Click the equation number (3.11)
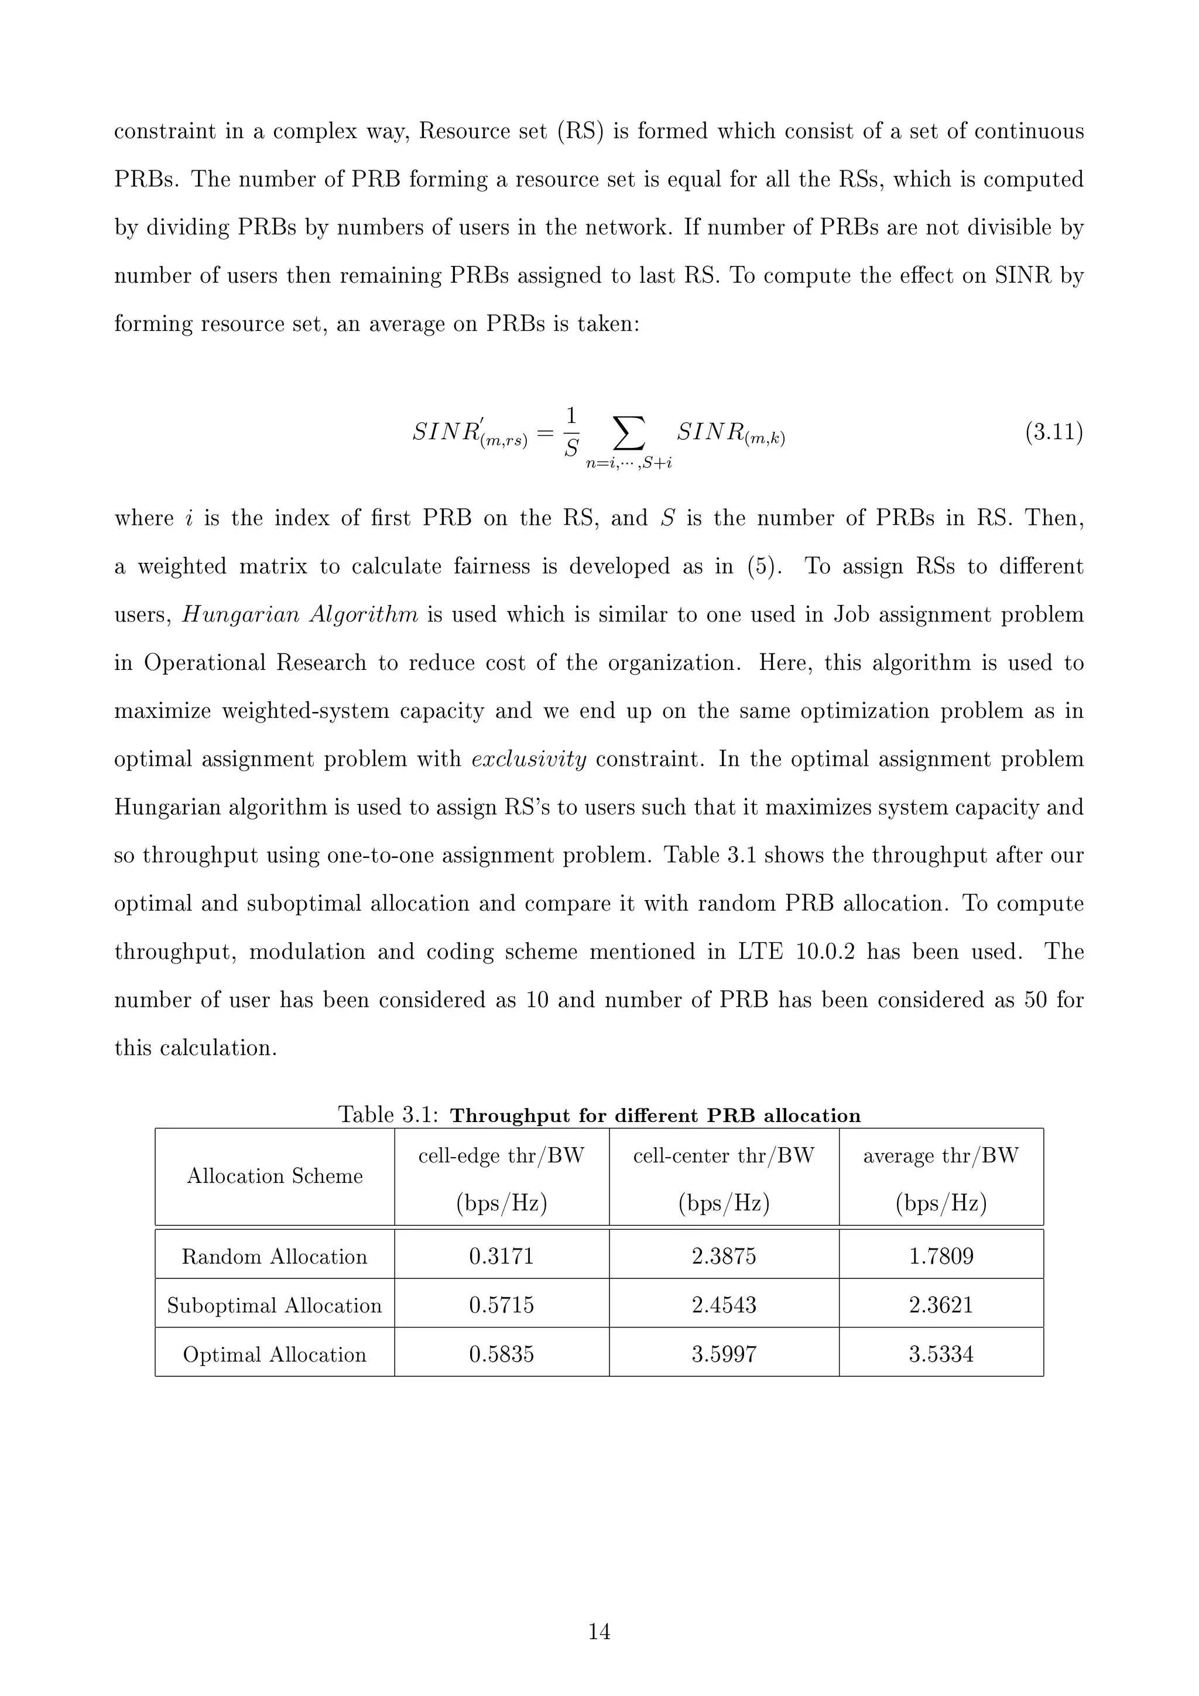pos(1054,432)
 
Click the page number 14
pos(599,1632)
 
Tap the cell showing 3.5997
pos(724,1354)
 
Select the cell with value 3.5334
pos(941,1354)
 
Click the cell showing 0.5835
pos(501,1354)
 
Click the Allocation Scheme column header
pos(275,1176)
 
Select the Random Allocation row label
pos(275,1257)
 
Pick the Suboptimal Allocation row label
pos(275,1305)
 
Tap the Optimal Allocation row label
pos(275,1355)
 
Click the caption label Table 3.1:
pos(388,1114)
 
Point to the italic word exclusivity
pos(529,760)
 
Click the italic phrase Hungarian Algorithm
pos(300,614)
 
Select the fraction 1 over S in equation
pos(571,432)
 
